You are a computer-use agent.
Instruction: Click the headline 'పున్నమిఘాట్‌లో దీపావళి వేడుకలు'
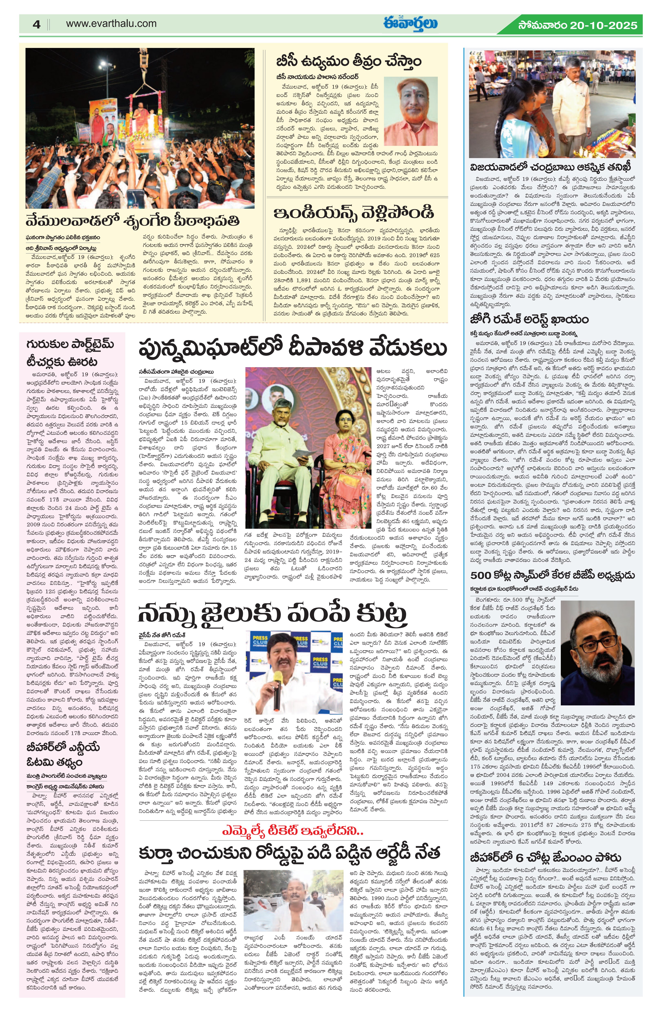point(293,349)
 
